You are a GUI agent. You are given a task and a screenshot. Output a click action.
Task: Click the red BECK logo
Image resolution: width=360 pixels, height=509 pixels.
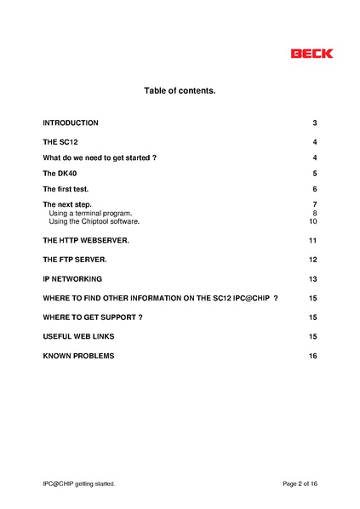pyautogui.click(x=311, y=54)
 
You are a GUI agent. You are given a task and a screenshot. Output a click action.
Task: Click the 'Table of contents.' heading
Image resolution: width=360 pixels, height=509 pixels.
pyautogui.click(x=180, y=90)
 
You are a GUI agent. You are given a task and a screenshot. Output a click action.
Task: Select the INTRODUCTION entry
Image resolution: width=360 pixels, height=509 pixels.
pyautogui.click(x=71, y=123)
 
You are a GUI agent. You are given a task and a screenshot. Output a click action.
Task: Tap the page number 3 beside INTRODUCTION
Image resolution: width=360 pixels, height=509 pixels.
pyautogui.click(x=315, y=123)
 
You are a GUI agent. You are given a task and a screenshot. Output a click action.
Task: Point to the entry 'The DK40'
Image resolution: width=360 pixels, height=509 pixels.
pyautogui.click(x=60, y=174)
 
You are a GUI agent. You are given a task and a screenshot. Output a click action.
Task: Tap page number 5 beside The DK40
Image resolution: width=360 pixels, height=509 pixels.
pyautogui.click(x=315, y=174)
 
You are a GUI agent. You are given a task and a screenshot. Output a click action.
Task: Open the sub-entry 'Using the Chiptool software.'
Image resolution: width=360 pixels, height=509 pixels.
pyautogui.click(x=94, y=221)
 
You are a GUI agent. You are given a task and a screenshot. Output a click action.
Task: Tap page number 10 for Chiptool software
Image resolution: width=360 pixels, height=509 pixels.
pyautogui.click(x=313, y=221)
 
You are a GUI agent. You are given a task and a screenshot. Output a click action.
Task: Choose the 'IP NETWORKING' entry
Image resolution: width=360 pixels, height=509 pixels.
pyautogui.click(x=72, y=279)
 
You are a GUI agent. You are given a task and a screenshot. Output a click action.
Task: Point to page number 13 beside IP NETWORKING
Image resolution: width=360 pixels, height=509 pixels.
pyautogui.click(x=313, y=279)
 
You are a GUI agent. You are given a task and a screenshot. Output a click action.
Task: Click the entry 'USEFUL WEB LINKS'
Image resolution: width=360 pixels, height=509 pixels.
pyautogui.click(x=78, y=336)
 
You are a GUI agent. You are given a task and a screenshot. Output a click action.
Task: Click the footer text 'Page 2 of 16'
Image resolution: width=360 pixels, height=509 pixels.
pyautogui.click(x=300, y=483)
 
